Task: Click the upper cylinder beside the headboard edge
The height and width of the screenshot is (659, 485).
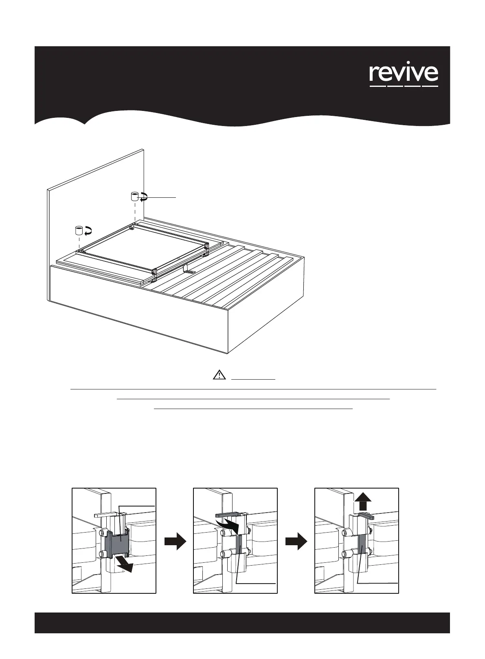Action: click(134, 197)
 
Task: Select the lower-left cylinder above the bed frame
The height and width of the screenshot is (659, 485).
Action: click(78, 230)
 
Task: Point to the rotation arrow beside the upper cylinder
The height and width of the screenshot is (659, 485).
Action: click(143, 198)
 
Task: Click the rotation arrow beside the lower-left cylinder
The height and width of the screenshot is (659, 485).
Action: click(88, 231)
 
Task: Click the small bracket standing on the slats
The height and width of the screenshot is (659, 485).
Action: click(189, 268)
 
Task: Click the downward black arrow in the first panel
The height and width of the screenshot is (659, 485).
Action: click(125, 565)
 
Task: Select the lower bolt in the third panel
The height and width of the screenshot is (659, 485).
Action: click(345, 554)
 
